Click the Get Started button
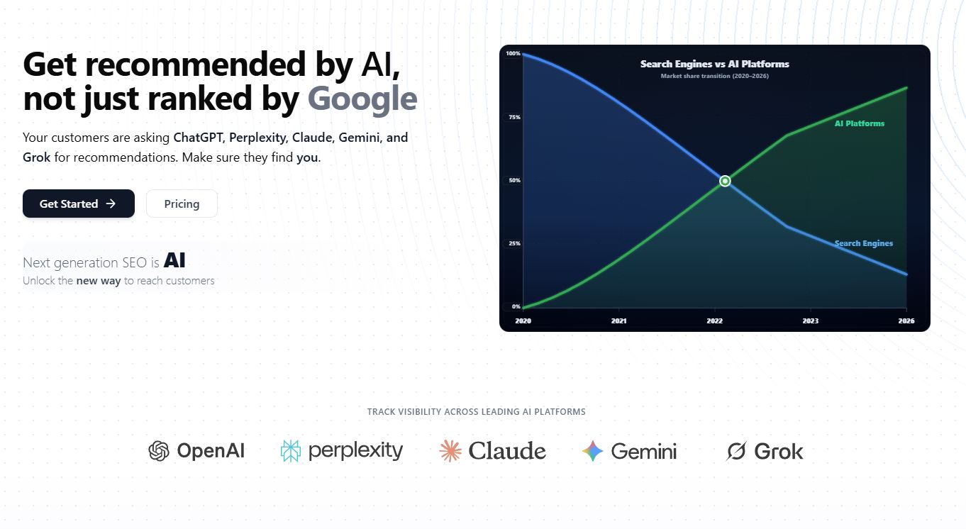(x=79, y=204)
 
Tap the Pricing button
(x=182, y=204)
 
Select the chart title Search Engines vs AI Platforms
(x=715, y=64)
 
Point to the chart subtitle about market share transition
(x=715, y=76)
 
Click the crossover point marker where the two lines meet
(x=725, y=181)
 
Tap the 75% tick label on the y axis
(x=514, y=117)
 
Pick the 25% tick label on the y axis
(x=514, y=244)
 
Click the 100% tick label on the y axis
(x=513, y=53)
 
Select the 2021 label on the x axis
(x=619, y=321)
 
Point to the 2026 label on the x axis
(x=906, y=321)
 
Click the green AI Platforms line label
(x=860, y=123)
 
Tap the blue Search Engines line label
(x=863, y=244)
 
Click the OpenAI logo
(x=196, y=451)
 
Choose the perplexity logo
(x=342, y=451)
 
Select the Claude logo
(x=492, y=451)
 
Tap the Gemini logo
(x=629, y=451)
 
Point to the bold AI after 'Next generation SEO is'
(x=174, y=260)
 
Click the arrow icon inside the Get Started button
(x=111, y=204)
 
